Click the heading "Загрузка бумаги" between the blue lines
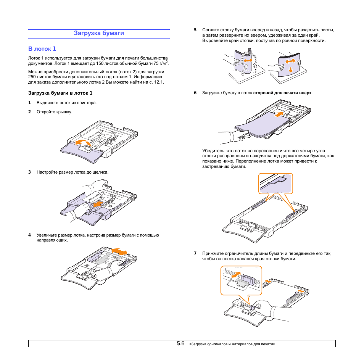point(99,33)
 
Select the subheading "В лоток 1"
point(42,49)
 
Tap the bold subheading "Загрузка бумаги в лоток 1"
point(60,93)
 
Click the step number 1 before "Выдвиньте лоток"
point(29,103)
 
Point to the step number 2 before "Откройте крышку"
point(29,112)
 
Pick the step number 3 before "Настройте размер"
point(29,172)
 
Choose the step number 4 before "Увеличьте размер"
point(29,235)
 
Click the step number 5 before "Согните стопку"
point(195,29)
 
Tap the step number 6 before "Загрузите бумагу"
point(195,93)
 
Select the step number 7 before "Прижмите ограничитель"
point(195,253)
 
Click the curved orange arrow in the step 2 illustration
point(83,143)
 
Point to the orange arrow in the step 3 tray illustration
point(97,204)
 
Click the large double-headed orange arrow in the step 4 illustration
point(120,251)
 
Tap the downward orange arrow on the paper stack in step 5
point(291,69)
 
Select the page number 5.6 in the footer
point(180,343)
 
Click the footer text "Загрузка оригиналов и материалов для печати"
point(232,344)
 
